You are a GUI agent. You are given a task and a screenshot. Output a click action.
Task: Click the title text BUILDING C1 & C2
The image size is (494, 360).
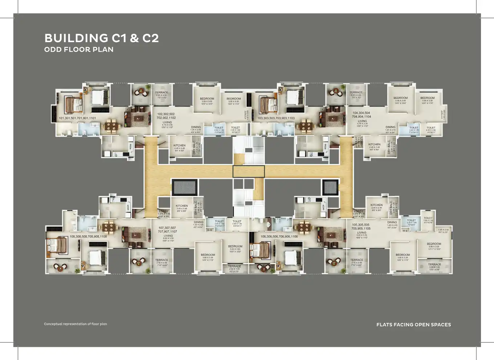pos(102,38)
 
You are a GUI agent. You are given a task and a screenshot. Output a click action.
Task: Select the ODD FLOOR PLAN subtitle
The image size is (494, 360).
pos(79,49)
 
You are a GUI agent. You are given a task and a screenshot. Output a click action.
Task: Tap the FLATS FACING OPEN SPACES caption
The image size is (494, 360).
pos(413,324)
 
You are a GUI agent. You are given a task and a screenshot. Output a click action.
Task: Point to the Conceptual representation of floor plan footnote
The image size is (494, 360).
pos(75,324)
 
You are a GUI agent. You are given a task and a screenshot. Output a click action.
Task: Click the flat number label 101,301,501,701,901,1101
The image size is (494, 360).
pos(77,118)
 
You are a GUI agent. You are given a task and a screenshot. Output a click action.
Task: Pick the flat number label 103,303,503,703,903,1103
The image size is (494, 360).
pos(276,118)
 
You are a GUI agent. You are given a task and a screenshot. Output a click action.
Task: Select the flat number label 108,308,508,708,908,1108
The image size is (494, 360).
pos(88,236)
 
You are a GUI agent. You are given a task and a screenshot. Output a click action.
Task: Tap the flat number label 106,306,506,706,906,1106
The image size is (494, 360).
pos(279,236)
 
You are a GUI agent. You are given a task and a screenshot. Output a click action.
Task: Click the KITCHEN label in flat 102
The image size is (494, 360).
pos(179,145)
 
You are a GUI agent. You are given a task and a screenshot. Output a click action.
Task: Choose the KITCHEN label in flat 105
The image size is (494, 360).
pos(376,205)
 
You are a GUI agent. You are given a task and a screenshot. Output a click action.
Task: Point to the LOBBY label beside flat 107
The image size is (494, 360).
pos(164,211)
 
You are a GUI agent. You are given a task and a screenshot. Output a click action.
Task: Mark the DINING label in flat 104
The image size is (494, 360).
pos(390,127)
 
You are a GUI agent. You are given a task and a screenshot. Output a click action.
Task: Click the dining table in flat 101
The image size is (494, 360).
pos(112,126)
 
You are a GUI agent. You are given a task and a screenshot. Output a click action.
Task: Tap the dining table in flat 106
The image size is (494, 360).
pos(304,227)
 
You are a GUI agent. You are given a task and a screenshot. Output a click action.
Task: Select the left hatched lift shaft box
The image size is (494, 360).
pos(184,187)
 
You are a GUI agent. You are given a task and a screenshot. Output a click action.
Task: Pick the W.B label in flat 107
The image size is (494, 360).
pos(209,230)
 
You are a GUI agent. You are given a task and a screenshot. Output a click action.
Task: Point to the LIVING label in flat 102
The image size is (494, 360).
pos(167,122)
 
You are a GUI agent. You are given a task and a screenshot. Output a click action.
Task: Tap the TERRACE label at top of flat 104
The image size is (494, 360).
pos(356,92)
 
